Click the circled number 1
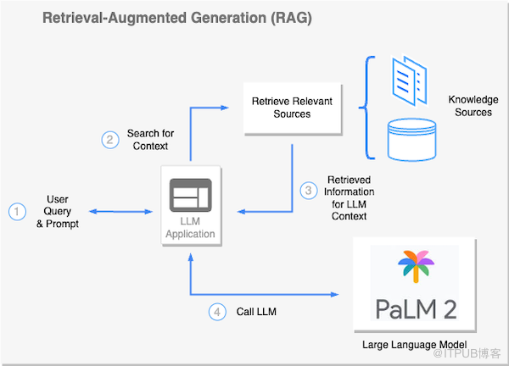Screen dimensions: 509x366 (17, 212)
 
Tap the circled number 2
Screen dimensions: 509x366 (110, 140)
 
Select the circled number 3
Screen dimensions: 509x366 (309, 191)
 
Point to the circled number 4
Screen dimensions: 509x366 (217, 312)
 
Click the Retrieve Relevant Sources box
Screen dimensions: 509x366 (293, 108)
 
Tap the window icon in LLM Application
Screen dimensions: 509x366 (191, 195)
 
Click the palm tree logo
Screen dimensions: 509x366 (416, 266)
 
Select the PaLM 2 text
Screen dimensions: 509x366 (416, 309)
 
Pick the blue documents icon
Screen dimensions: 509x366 (410, 81)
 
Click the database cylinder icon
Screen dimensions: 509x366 (411, 140)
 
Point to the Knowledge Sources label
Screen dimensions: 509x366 (473, 106)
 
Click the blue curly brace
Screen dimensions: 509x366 (366, 108)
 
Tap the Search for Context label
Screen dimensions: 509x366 (150, 140)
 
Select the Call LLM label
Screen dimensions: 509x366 (256, 312)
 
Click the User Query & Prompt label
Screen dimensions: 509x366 (58, 211)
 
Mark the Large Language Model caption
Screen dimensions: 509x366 (415, 344)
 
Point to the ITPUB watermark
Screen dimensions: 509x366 (467, 353)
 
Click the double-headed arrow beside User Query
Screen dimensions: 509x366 (120, 212)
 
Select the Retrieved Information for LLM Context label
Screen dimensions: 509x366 (349, 197)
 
